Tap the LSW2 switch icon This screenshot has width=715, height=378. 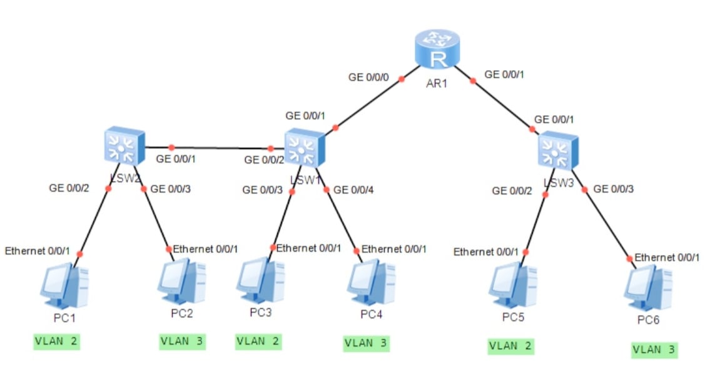coord(124,146)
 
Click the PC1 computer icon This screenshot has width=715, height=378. coord(64,285)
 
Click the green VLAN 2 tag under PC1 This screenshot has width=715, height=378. coord(57,342)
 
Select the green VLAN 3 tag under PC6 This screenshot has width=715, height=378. coord(654,350)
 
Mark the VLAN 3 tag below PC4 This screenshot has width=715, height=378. coord(366,343)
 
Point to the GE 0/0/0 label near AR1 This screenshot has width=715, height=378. coord(369,78)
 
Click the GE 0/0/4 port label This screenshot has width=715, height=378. coord(355,190)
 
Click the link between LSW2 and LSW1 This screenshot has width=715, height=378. coord(219,148)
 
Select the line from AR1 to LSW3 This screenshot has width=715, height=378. coord(500,103)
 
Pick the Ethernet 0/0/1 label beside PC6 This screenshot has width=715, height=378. coord(667,257)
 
